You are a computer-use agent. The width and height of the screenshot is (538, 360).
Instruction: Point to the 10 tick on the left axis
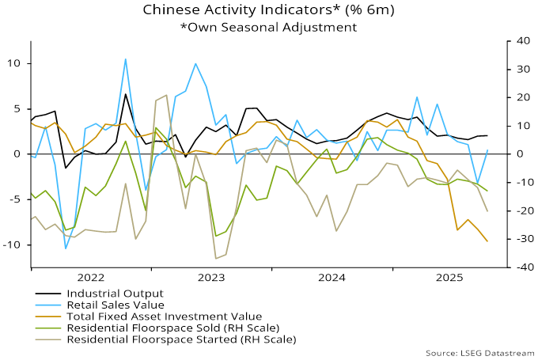tap(15, 63)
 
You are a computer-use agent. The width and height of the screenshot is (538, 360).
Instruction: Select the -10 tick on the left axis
tap(13, 245)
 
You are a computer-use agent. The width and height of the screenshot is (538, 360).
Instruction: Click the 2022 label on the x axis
tap(91, 278)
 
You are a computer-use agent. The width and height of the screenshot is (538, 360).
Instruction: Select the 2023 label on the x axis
tap(211, 278)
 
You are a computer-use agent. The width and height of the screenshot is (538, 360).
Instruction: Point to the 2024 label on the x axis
tap(332, 278)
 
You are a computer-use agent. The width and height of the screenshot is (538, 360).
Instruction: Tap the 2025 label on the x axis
tap(451, 278)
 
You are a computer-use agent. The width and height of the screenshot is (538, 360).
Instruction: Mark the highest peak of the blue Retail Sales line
tap(125, 59)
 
